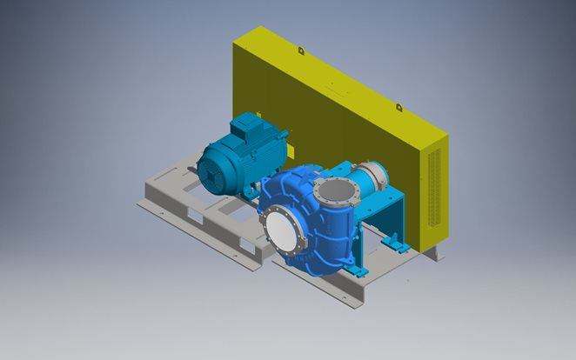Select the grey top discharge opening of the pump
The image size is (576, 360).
point(333,190)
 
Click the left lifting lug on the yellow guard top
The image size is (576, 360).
point(301,50)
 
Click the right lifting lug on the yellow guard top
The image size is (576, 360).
point(399,107)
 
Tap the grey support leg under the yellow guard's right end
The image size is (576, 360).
point(433,253)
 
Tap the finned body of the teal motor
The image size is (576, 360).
point(252,148)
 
